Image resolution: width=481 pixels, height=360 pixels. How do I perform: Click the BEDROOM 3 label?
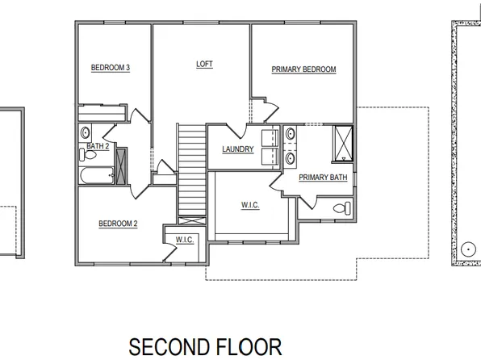click(111, 68)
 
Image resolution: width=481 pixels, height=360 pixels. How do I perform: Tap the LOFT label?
click(205, 64)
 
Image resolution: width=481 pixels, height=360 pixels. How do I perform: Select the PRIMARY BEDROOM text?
click(303, 70)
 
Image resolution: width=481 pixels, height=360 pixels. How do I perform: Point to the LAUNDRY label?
click(238, 149)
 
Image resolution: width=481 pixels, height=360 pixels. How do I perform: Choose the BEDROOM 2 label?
click(118, 224)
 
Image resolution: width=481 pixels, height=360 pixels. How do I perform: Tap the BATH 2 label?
click(98, 146)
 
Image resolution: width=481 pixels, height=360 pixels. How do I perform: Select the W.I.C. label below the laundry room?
click(249, 206)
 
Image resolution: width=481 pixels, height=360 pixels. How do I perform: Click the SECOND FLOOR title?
click(205, 347)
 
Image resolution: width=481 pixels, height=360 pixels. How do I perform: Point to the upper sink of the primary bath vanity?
click(288, 134)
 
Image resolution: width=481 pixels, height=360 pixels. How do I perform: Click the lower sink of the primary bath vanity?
click(288, 157)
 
